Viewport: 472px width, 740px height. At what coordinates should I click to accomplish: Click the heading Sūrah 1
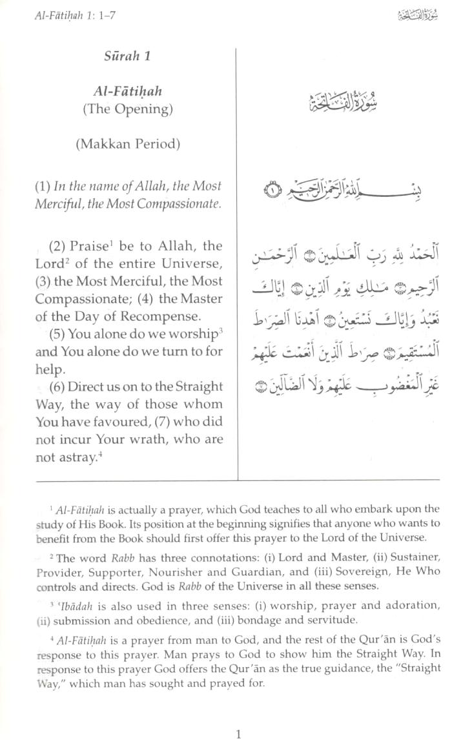pyautogui.click(x=127, y=56)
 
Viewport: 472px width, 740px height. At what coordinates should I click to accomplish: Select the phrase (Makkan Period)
pyautogui.click(x=127, y=144)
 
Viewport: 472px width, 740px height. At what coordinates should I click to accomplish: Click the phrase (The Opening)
pyautogui.click(x=127, y=108)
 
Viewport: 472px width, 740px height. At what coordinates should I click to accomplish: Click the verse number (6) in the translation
pyautogui.click(x=57, y=387)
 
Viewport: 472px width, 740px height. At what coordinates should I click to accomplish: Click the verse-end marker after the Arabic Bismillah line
pyautogui.click(x=273, y=190)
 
